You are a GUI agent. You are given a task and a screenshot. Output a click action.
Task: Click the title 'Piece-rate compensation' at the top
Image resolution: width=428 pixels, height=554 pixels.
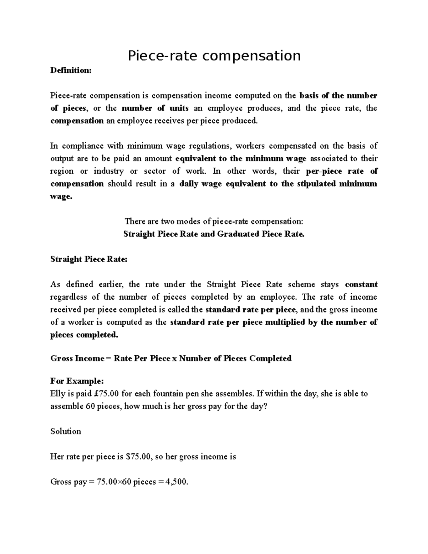(x=214, y=56)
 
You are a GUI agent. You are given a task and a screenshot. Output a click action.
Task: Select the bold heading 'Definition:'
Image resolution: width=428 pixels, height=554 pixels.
(x=71, y=71)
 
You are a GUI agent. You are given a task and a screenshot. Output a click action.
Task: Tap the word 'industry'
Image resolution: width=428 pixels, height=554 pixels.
(x=108, y=171)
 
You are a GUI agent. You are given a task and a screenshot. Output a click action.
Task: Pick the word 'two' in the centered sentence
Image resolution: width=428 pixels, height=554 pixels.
(x=168, y=222)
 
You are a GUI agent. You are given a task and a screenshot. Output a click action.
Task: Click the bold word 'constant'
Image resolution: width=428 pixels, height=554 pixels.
(x=361, y=284)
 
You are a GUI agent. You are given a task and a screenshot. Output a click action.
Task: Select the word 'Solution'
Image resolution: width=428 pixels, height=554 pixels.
(x=66, y=432)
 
